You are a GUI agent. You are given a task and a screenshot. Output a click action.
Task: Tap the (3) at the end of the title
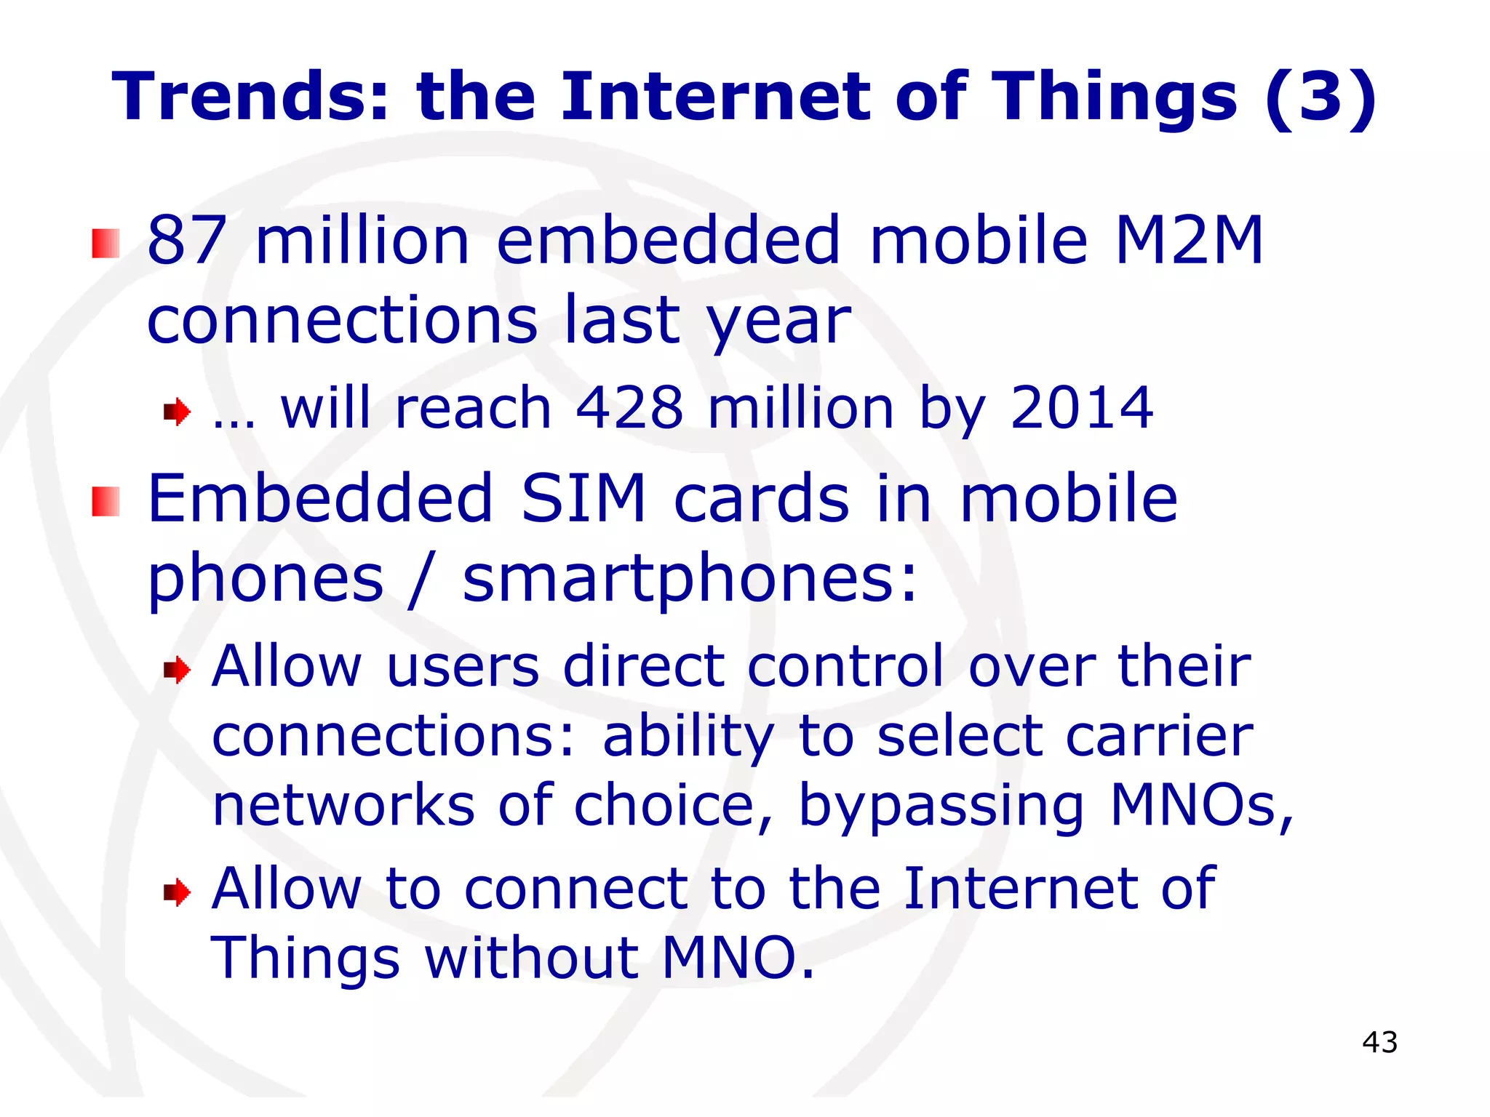(x=1320, y=98)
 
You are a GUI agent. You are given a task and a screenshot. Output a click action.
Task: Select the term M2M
(x=1189, y=240)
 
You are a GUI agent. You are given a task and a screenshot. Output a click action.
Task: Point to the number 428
(x=629, y=408)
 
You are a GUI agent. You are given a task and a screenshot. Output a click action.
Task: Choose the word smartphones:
(x=690, y=580)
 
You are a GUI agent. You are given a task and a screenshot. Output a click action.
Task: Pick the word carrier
(x=1160, y=736)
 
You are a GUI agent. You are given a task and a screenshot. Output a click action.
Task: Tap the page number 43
(x=1379, y=1042)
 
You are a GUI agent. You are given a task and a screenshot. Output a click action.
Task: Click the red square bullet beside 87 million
(x=105, y=243)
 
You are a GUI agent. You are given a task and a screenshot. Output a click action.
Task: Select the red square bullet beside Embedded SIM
(x=105, y=502)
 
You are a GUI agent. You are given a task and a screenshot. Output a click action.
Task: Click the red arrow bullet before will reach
(x=177, y=412)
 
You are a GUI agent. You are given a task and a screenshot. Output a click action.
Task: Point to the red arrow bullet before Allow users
(x=177, y=670)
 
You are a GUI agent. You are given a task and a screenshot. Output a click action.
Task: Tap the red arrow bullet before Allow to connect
(x=177, y=892)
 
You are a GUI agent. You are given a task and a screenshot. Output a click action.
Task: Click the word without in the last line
(x=531, y=958)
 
